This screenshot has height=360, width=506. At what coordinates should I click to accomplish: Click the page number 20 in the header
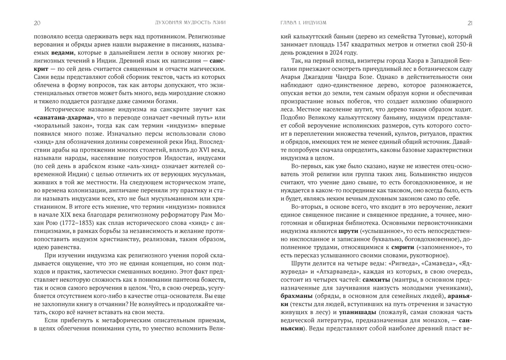tap(37, 23)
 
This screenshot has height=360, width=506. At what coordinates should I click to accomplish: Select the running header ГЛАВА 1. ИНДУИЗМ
tap(303, 23)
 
